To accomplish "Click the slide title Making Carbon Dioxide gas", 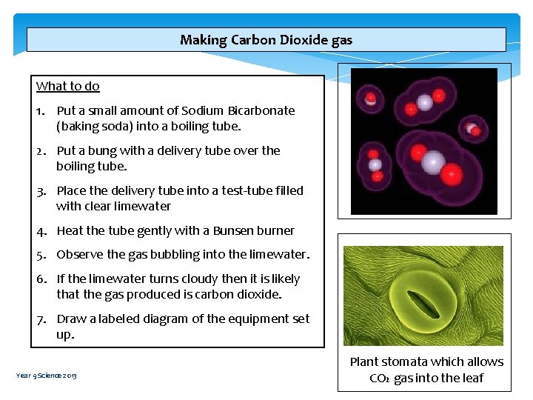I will click(266, 40).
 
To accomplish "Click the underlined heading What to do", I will click(67, 86).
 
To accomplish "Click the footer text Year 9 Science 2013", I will click(46, 376).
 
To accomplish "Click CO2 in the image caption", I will click(380, 379).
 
